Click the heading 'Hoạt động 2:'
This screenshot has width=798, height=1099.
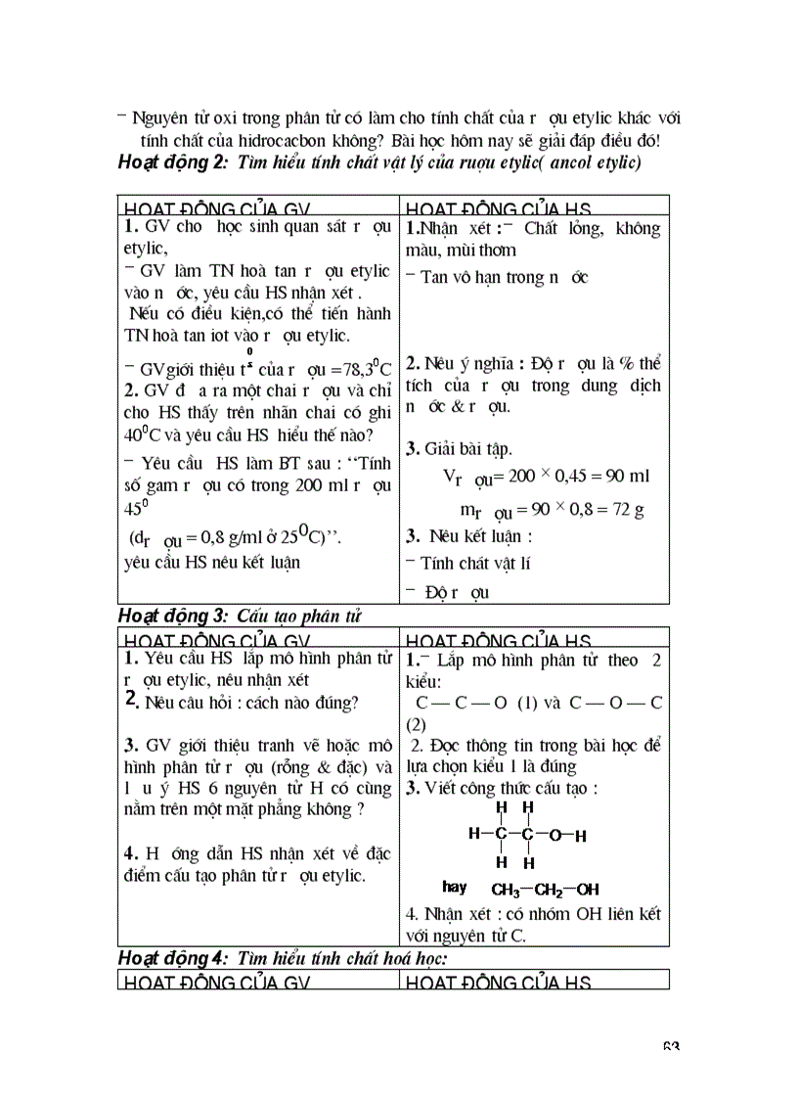(171, 163)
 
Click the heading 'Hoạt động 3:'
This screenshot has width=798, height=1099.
(171, 616)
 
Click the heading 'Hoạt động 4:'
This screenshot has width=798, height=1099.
(171, 957)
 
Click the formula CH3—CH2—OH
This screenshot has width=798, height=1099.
(545, 890)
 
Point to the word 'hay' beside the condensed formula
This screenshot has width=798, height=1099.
(455, 888)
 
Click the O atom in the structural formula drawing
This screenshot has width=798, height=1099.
(554, 835)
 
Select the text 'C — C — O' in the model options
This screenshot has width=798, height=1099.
(465, 704)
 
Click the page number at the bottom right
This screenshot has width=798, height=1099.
(671, 1048)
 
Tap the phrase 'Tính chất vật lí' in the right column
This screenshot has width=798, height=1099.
(475, 563)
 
